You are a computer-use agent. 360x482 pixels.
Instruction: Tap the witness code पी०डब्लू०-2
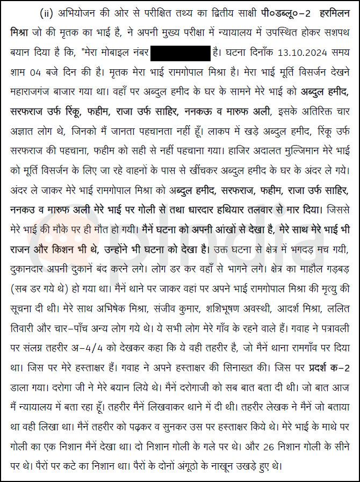278,12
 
